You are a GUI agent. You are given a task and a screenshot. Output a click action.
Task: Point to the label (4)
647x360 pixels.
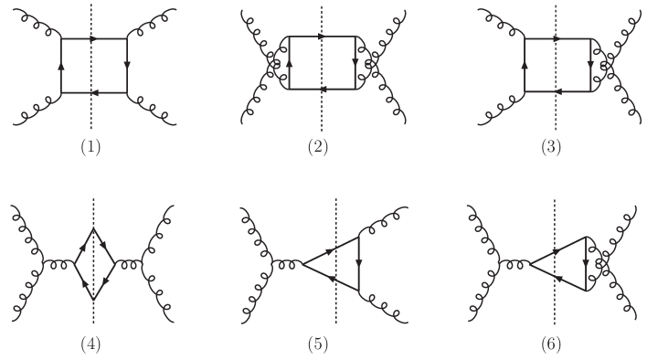[x=92, y=344]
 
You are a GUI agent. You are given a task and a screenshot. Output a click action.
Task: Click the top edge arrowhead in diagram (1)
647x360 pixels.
[x=94, y=39]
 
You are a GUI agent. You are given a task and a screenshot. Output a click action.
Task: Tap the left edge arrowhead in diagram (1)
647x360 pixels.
[x=61, y=66]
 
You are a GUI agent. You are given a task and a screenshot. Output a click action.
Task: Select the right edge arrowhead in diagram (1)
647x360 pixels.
[x=126, y=66]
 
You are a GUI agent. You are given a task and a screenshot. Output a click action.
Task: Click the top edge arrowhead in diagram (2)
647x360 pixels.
[x=322, y=37]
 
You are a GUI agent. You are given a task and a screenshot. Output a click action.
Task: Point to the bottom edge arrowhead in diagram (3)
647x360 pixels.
[x=557, y=93]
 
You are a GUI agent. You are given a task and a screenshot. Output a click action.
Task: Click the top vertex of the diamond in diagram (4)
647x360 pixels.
[x=94, y=228]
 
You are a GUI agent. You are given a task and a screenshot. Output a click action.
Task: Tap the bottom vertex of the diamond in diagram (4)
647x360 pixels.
[x=94, y=300]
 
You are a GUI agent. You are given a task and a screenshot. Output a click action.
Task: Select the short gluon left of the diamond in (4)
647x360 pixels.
[x=60, y=264]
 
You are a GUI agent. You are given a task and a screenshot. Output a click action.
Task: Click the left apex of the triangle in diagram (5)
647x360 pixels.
[x=302, y=264]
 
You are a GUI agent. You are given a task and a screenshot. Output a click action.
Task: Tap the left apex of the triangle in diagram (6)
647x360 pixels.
[x=531, y=264]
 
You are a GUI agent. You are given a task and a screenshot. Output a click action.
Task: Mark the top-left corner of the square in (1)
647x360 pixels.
[x=61, y=39]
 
